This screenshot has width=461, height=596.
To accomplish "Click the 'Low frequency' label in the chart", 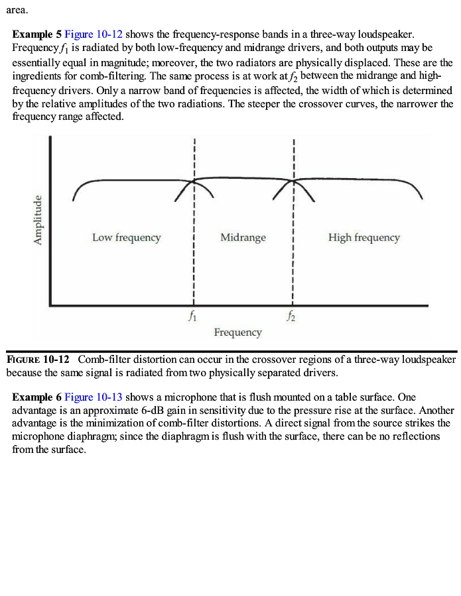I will [126, 237].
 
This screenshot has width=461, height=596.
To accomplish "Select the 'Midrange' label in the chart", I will [243, 237].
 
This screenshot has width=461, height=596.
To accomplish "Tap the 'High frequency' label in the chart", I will [363, 237].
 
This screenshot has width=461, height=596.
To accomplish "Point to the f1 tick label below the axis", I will [192, 317].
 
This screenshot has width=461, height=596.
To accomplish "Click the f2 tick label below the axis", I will [291, 317].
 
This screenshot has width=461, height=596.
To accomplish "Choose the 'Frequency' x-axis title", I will [237, 332].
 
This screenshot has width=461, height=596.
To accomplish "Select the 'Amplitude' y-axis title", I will [38, 221].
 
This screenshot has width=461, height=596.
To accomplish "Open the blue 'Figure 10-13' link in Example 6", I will [94, 397].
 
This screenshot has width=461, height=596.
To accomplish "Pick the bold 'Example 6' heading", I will [36, 397].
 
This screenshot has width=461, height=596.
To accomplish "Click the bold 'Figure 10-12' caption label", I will [38, 360].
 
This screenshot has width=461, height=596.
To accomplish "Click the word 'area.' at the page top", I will [17, 10].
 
